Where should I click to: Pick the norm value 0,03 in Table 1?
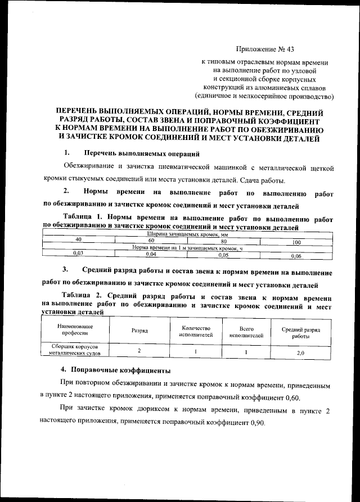[x=78, y=254]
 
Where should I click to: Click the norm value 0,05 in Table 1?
[x=223, y=255]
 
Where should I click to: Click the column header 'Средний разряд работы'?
[x=300, y=331]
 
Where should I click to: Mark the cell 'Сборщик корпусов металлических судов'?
[x=74, y=351]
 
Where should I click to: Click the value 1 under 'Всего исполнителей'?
[x=246, y=351]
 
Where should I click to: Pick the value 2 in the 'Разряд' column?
[x=139, y=351]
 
